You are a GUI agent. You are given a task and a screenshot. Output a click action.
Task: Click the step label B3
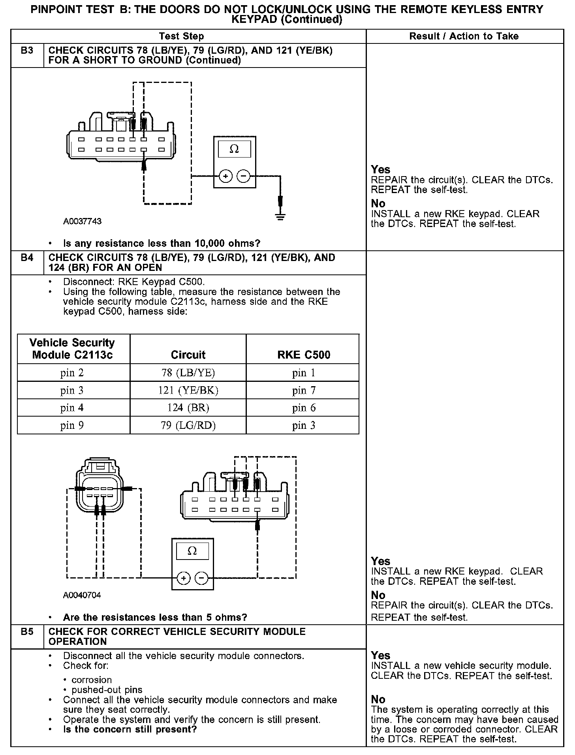tap(27, 51)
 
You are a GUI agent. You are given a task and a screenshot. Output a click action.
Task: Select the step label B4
tap(27, 258)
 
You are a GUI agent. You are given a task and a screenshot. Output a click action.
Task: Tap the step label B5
tap(27, 631)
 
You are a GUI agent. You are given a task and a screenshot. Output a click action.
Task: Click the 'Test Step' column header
tap(181, 36)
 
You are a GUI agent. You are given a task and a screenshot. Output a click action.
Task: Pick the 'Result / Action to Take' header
tap(464, 36)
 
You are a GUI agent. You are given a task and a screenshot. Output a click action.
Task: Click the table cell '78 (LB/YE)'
tap(188, 373)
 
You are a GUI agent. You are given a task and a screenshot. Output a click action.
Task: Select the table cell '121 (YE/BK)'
tap(188, 391)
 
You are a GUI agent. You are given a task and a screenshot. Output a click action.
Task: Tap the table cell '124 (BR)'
tap(188, 408)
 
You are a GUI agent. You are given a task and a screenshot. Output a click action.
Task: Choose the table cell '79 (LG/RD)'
tap(188, 426)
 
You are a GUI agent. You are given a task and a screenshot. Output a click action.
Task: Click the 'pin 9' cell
tap(72, 426)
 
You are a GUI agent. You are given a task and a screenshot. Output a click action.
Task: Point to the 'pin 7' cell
tap(304, 391)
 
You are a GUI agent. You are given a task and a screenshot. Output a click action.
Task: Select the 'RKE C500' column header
tap(304, 355)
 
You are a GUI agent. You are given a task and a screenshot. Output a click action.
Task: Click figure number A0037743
tap(82, 222)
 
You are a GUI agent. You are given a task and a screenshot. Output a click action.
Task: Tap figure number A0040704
tap(82, 595)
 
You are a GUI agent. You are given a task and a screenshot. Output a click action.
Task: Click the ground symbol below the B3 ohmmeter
tap(280, 217)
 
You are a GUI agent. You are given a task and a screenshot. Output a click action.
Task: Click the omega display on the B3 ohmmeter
tap(234, 149)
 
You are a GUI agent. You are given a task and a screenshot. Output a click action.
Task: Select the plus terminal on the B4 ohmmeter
tap(183, 578)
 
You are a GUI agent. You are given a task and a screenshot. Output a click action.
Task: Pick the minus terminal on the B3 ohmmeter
tap(244, 177)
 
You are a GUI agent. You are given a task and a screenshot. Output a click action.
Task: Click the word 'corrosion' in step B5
tap(92, 680)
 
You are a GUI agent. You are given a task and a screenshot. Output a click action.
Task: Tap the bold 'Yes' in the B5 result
tap(381, 656)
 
